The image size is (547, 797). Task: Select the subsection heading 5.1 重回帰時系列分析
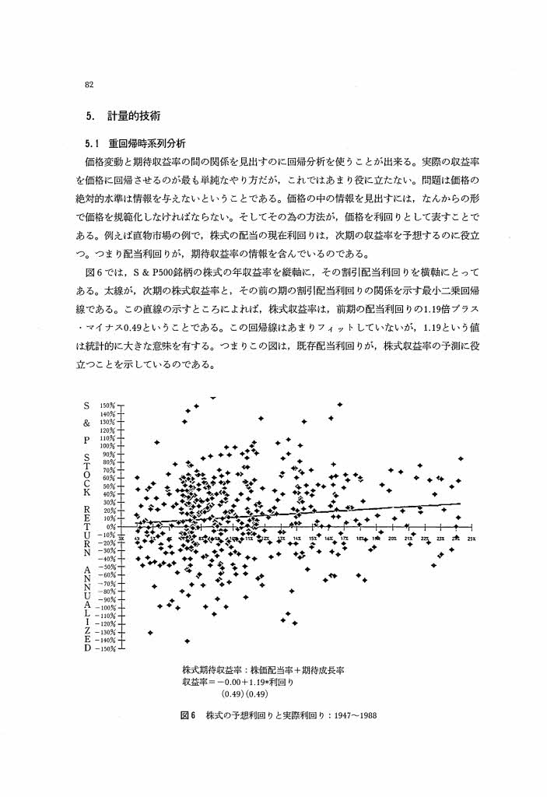pyautogui.click(x=135, y=143)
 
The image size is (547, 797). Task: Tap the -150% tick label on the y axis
pyautogui.click(x=104, y=648)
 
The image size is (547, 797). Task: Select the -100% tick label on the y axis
pyautogui.click(x=104, y=607)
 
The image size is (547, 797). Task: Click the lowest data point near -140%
pyautogui.click(x=188, y=641)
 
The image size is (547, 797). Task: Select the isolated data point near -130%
pyautogui.click(x=149, y=632)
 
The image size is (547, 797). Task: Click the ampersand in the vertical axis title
pyautogui.click(x=88, y=423)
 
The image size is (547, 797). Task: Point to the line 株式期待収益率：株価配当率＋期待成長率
pyautogui.click(x=263, y=669)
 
